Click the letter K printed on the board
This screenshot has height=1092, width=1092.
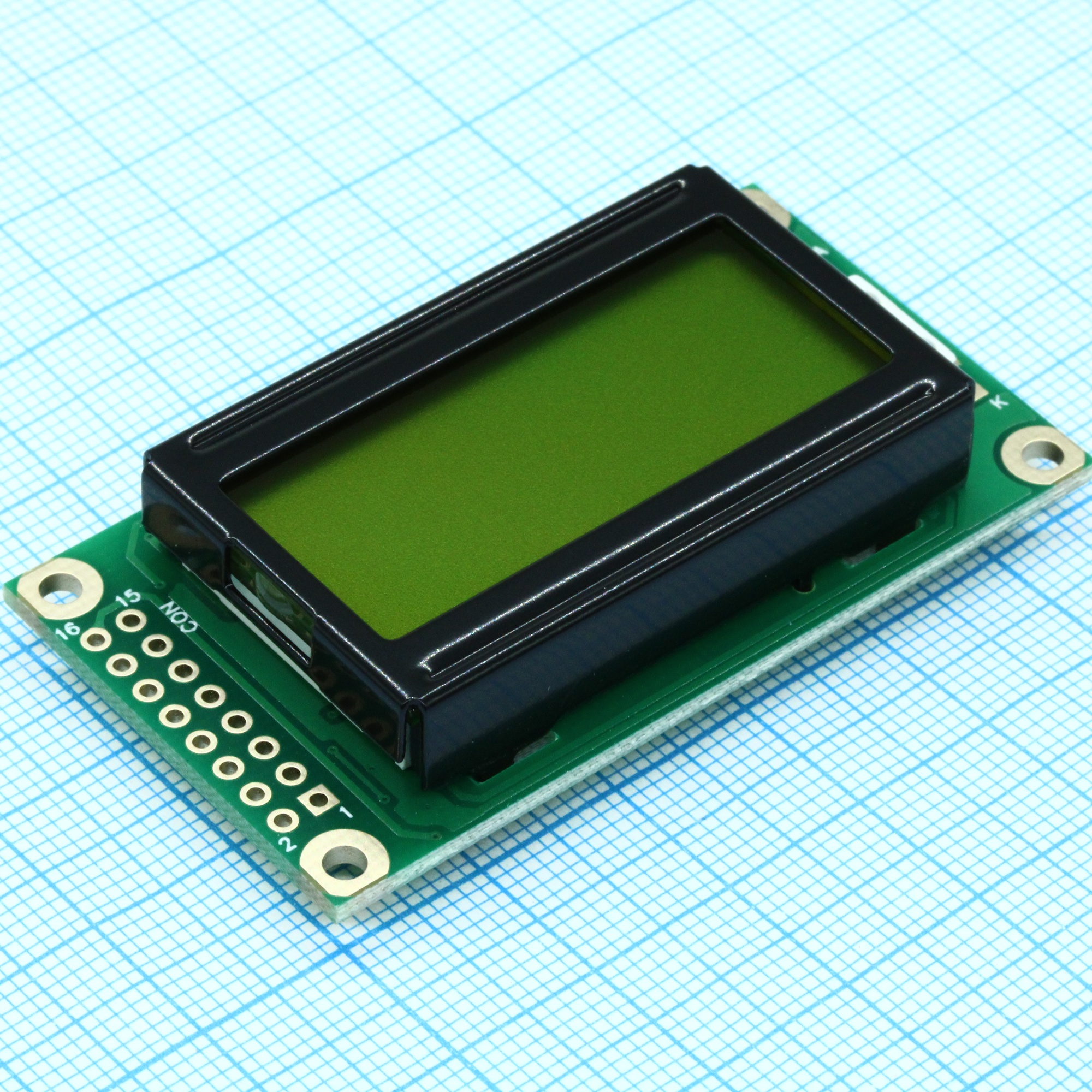pyautogui.click(x=999, y=402)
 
